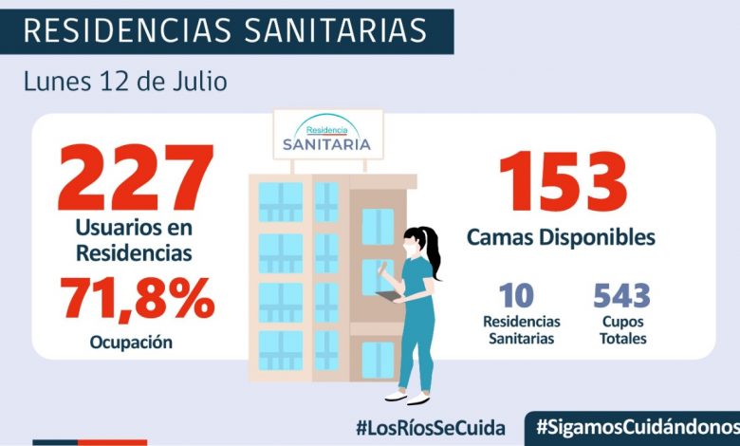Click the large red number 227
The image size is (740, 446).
pyautogui.click(x=136, y=178)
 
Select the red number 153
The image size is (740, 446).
pyautogui.click(x=563, y=182)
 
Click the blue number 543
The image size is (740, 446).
pyautogui.click(x=622, y=297)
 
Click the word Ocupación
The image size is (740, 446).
pyautogui.click(x=132, y=343)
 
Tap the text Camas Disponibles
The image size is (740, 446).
pyautogui.click(x=561, y=237)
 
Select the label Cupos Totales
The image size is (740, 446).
pyautogui.click(x=622, y=330)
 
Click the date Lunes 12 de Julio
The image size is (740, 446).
pyautogui.click(x=124, y=81)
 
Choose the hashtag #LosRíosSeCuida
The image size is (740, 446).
pyautogui.click(x=431, y=426)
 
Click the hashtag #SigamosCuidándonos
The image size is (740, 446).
pyautogui.click(x=637, y=426)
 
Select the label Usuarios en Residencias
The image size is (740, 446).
pyautogui.click(x=135, y=241)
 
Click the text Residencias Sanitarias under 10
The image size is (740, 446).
pyautogui.click(x=521, y=330)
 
